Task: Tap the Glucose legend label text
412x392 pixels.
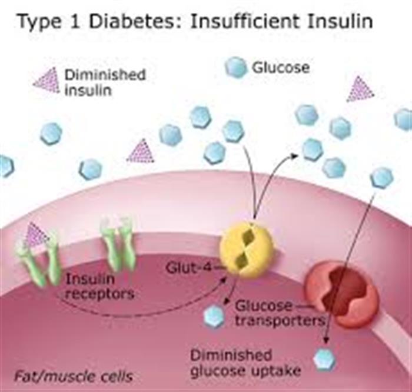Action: (281, 68)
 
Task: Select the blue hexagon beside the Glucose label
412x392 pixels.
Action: (236, 68)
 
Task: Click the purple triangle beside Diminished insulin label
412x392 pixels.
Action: (46, 80)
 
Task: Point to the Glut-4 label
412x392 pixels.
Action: (189, 268)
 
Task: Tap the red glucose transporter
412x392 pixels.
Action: (341, 294)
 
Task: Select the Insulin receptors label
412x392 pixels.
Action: (99, 286)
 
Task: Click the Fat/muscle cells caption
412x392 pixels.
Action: (74, 376)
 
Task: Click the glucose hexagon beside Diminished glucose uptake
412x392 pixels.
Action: (324, 360)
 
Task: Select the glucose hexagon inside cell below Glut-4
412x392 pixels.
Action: (214, 316)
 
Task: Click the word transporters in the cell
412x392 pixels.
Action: (280, 320)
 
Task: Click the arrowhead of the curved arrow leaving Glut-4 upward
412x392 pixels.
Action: (294, 156)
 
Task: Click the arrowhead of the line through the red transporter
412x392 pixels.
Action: (326, 340)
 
